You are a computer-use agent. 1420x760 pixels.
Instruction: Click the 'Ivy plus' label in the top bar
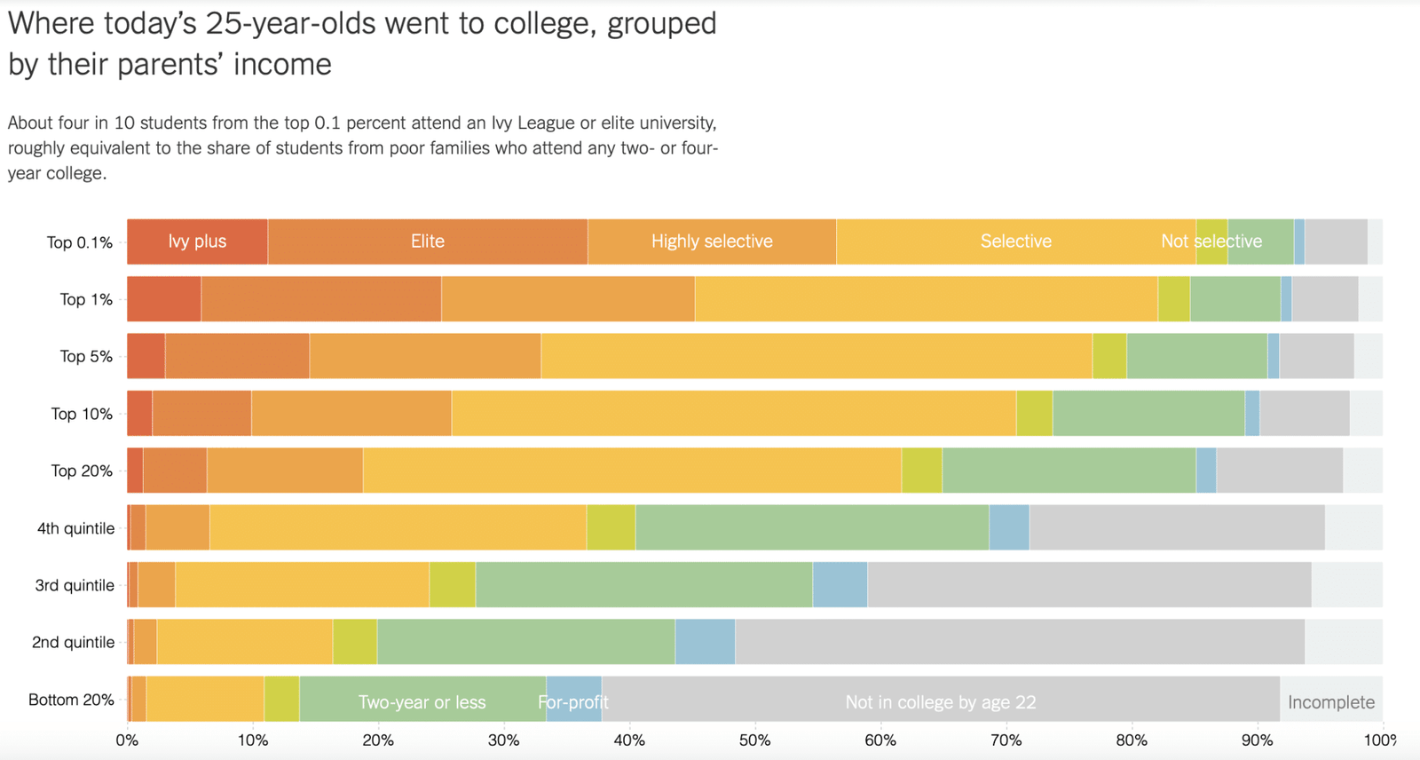coord(197,241)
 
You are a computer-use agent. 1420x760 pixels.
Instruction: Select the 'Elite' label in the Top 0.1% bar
coord(427,241)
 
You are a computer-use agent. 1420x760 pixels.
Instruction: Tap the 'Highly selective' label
coord(712,241)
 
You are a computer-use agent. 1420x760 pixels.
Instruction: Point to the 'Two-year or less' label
coord(422,702)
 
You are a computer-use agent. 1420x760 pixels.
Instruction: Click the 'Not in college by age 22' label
coord(940,702)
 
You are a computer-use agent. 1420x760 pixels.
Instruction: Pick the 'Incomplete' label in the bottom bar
coord(1330,702)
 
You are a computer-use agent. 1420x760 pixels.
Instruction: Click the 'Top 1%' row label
coord(86,299)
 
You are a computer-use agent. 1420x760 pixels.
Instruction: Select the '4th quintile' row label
coord(75,528)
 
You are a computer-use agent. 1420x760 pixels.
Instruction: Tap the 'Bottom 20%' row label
coord(71,700)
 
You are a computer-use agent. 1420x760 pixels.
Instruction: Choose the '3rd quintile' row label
coord(75,585)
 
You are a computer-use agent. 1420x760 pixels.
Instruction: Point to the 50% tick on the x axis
coord(754,740)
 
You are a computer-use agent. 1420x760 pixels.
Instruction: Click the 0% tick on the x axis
coord(127,740)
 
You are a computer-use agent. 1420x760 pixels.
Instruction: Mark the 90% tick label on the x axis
coord(1257,740)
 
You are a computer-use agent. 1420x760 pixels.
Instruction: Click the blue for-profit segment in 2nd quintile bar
coord(705,642)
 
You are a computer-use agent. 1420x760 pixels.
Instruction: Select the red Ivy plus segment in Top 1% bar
coord(163,299)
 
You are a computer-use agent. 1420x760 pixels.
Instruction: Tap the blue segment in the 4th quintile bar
coord(1008,528)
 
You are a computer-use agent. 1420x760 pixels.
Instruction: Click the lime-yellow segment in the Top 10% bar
coord(1034,414)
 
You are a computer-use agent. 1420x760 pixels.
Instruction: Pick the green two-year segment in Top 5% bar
coord(1196,356)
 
